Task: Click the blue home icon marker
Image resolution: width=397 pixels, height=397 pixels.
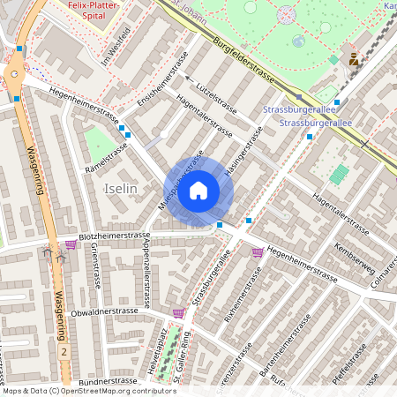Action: pos(198,190)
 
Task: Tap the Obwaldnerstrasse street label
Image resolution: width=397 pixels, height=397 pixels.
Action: pos(104,311)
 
